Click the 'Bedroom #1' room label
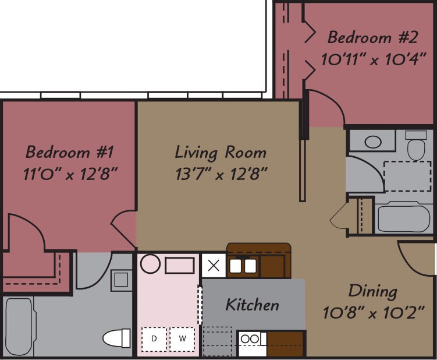(69, 153)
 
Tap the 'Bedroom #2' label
(372, 38)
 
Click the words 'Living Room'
(221, 153)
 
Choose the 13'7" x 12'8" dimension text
(221, 174)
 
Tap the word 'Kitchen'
(252, 305)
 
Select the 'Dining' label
(372, 291)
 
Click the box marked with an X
(214, 266)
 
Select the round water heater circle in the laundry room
(150, 264)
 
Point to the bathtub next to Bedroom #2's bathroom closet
(404, 218)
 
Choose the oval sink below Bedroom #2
(372, 142)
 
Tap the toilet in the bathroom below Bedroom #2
(416, 146)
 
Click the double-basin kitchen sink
(243, 266)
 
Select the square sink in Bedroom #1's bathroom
(121, 280)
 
